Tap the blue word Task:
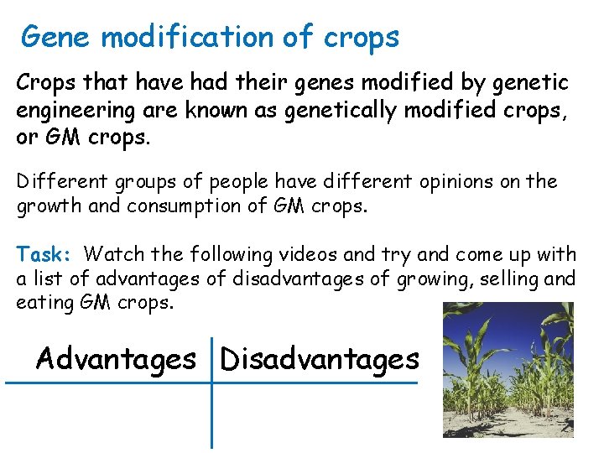coord(47,253)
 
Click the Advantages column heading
coord(116,359)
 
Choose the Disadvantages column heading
coord(319,359)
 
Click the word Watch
coord(113,253)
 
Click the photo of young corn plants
coord(508,369)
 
